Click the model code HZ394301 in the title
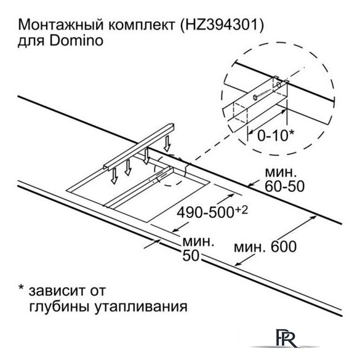point(221,25)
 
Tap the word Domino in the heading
point(76,41)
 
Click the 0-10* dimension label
point(276,135)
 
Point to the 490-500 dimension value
point(205,212)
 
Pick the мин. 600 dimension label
point(265,247)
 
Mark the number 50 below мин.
point(191,255)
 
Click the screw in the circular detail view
point(262,94)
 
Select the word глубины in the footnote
point(60,306)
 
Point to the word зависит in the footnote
point(57,290)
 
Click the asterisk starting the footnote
point(21,287)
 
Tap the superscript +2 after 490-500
point(241,210)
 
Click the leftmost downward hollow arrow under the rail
point(114,176)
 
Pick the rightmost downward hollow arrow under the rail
point(167,143)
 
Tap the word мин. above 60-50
point(279,172)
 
